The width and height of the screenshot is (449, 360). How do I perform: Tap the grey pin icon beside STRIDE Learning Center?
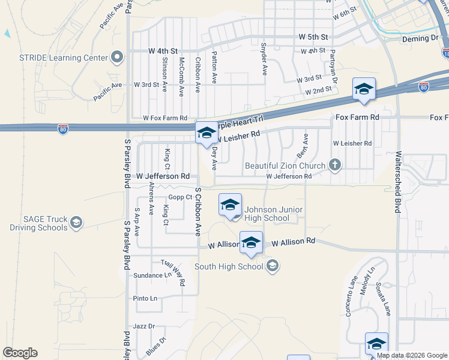pos(116,58)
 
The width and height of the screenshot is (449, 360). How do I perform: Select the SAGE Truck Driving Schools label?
pos(38,223)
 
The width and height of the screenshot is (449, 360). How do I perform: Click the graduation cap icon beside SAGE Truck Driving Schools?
pos(76,223)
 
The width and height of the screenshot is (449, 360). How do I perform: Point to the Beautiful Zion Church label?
pos(286,165)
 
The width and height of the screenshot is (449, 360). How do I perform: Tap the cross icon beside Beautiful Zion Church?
pos(335,165)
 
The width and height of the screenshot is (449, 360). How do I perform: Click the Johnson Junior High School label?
pos(274,214)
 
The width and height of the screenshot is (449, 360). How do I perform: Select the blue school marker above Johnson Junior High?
pos(230,205)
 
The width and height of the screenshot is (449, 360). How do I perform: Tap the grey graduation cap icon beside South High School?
pos(272,266)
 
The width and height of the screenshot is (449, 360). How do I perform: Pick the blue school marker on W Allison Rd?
pos(252,243)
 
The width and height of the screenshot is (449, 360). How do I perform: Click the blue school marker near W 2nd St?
pos(364,89)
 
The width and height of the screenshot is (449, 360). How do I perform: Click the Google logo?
pos(20,353)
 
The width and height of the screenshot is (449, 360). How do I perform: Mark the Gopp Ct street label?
pos(180,197)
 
